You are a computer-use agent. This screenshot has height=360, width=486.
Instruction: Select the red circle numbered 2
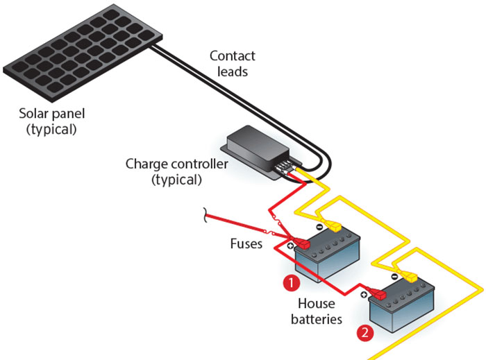(x=364, y=333)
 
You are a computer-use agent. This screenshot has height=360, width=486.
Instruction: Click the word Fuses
(x=246, y=245)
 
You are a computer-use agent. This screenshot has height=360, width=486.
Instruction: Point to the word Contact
(x=233, y=56)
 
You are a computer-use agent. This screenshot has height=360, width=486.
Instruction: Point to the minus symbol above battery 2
(x=394, y=276)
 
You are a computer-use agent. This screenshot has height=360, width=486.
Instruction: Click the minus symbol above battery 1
(x=319, y=226)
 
